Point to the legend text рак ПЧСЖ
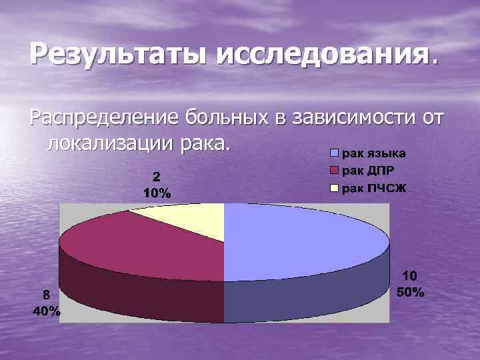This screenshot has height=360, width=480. click(x=373, y=189)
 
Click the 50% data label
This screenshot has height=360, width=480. click(x=410, y=292)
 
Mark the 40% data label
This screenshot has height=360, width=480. click(x=46, y=311)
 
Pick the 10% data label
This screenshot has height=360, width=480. click(x=157, y=193)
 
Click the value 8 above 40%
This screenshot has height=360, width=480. click(x=46, y=295)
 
